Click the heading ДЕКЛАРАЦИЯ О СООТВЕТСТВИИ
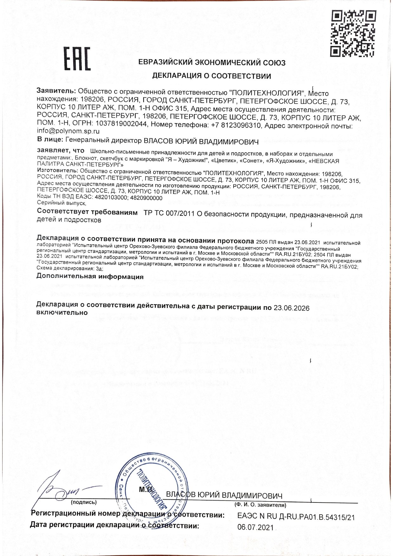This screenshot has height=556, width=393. tap(212, 76)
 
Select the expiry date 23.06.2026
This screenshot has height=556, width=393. tap(292, 308)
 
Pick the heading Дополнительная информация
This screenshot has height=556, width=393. tap(90, 277)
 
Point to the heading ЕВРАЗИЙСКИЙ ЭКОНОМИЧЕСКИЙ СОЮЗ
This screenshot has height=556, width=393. tap(212, 63)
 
